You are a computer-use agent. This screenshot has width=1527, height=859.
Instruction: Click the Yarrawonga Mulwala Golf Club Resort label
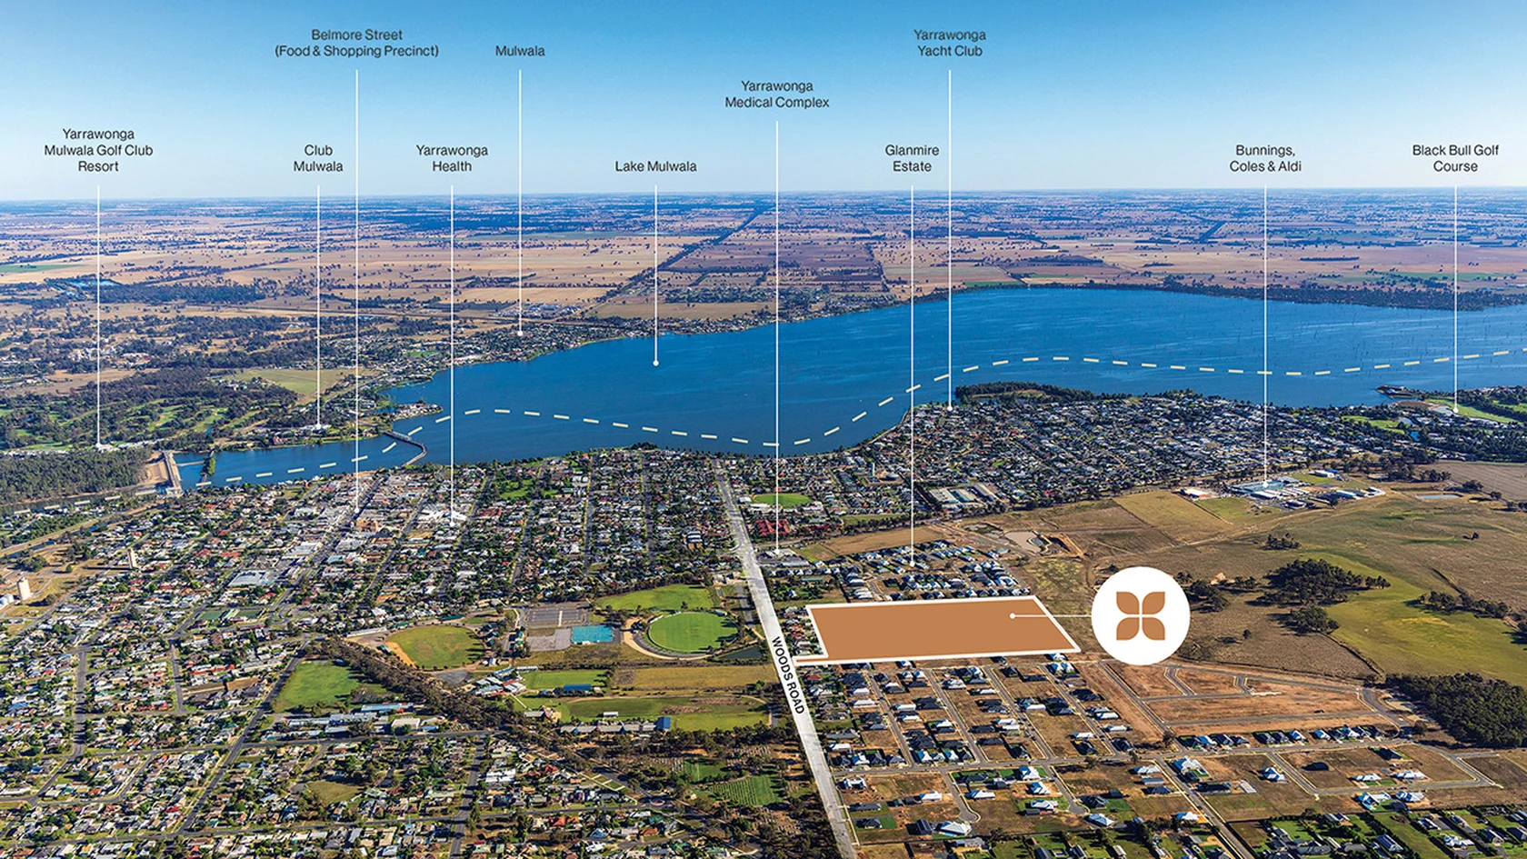(98, 150)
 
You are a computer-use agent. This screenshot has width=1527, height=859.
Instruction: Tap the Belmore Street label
(356, 43)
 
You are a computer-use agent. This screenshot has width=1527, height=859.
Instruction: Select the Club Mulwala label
(318, 158)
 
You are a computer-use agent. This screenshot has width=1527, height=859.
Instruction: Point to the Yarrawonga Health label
(452, 158)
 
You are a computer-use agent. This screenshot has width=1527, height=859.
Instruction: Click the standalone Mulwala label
(520, 51)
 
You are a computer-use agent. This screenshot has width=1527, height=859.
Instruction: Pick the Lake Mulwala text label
(655, 166)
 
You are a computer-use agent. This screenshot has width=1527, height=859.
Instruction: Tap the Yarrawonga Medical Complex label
(776, 95)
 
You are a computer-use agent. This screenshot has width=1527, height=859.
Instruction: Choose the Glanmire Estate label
(912, 158)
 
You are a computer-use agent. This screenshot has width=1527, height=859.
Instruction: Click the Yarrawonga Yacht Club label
(949, 43)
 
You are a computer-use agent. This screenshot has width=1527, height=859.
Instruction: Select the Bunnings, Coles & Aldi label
(1264, 158)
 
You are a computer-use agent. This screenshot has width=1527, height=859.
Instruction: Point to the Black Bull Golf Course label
(1454, 158)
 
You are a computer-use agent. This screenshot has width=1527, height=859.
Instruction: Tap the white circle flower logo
(1140, 615)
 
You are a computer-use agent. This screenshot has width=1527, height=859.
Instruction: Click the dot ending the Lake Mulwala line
(655, 364)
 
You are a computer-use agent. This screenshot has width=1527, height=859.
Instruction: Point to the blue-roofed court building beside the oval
(592, 634)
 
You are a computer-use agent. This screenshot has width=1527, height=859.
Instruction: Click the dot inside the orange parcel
(1013, 615)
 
